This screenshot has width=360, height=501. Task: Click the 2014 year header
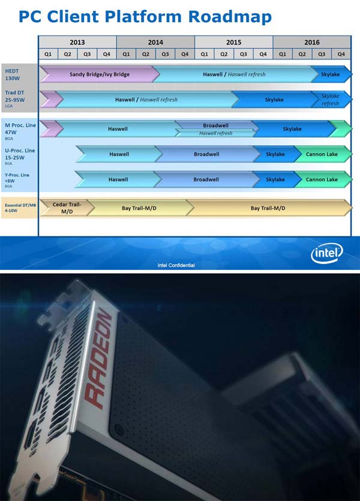(155, 42)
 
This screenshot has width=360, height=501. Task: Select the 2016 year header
(311, 42)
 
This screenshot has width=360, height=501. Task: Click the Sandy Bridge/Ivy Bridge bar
(100, 74)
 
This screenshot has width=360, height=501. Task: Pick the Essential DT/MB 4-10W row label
(19, 208)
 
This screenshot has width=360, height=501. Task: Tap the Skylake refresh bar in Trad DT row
(330, 100)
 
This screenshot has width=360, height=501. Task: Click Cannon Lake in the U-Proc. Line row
(322, 154)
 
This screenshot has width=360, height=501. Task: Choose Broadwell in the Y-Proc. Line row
(206, 179)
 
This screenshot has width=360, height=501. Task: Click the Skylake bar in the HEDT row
(331, 74)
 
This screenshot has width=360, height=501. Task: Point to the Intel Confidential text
(176, 265)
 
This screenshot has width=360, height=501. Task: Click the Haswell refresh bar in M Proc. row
(216, 133)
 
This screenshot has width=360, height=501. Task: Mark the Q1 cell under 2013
(48, 54)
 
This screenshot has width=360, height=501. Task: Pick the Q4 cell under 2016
(341, 54)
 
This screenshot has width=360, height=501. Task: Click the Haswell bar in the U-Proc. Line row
(118, 154)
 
